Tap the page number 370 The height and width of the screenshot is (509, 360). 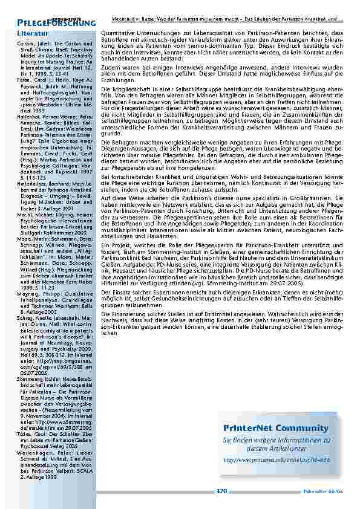click(221, 491)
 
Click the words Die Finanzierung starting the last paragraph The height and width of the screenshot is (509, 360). click(121, 314)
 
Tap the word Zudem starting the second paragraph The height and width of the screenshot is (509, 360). click(110, 69)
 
